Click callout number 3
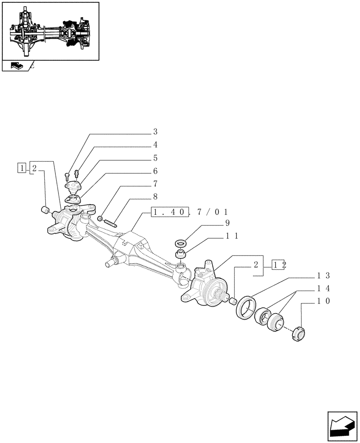tap(156, 132)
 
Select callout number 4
tap(156, 144)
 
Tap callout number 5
tap(156, 158)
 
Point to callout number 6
tap(156, 171)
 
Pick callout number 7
tap(156, 183)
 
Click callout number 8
tap(156, 196)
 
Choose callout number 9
tap(227, 222)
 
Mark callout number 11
tap(233, 236)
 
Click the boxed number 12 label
tap(279, 265)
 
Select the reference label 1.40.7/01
tap(188, 212)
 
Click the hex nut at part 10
tap(297, 333)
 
